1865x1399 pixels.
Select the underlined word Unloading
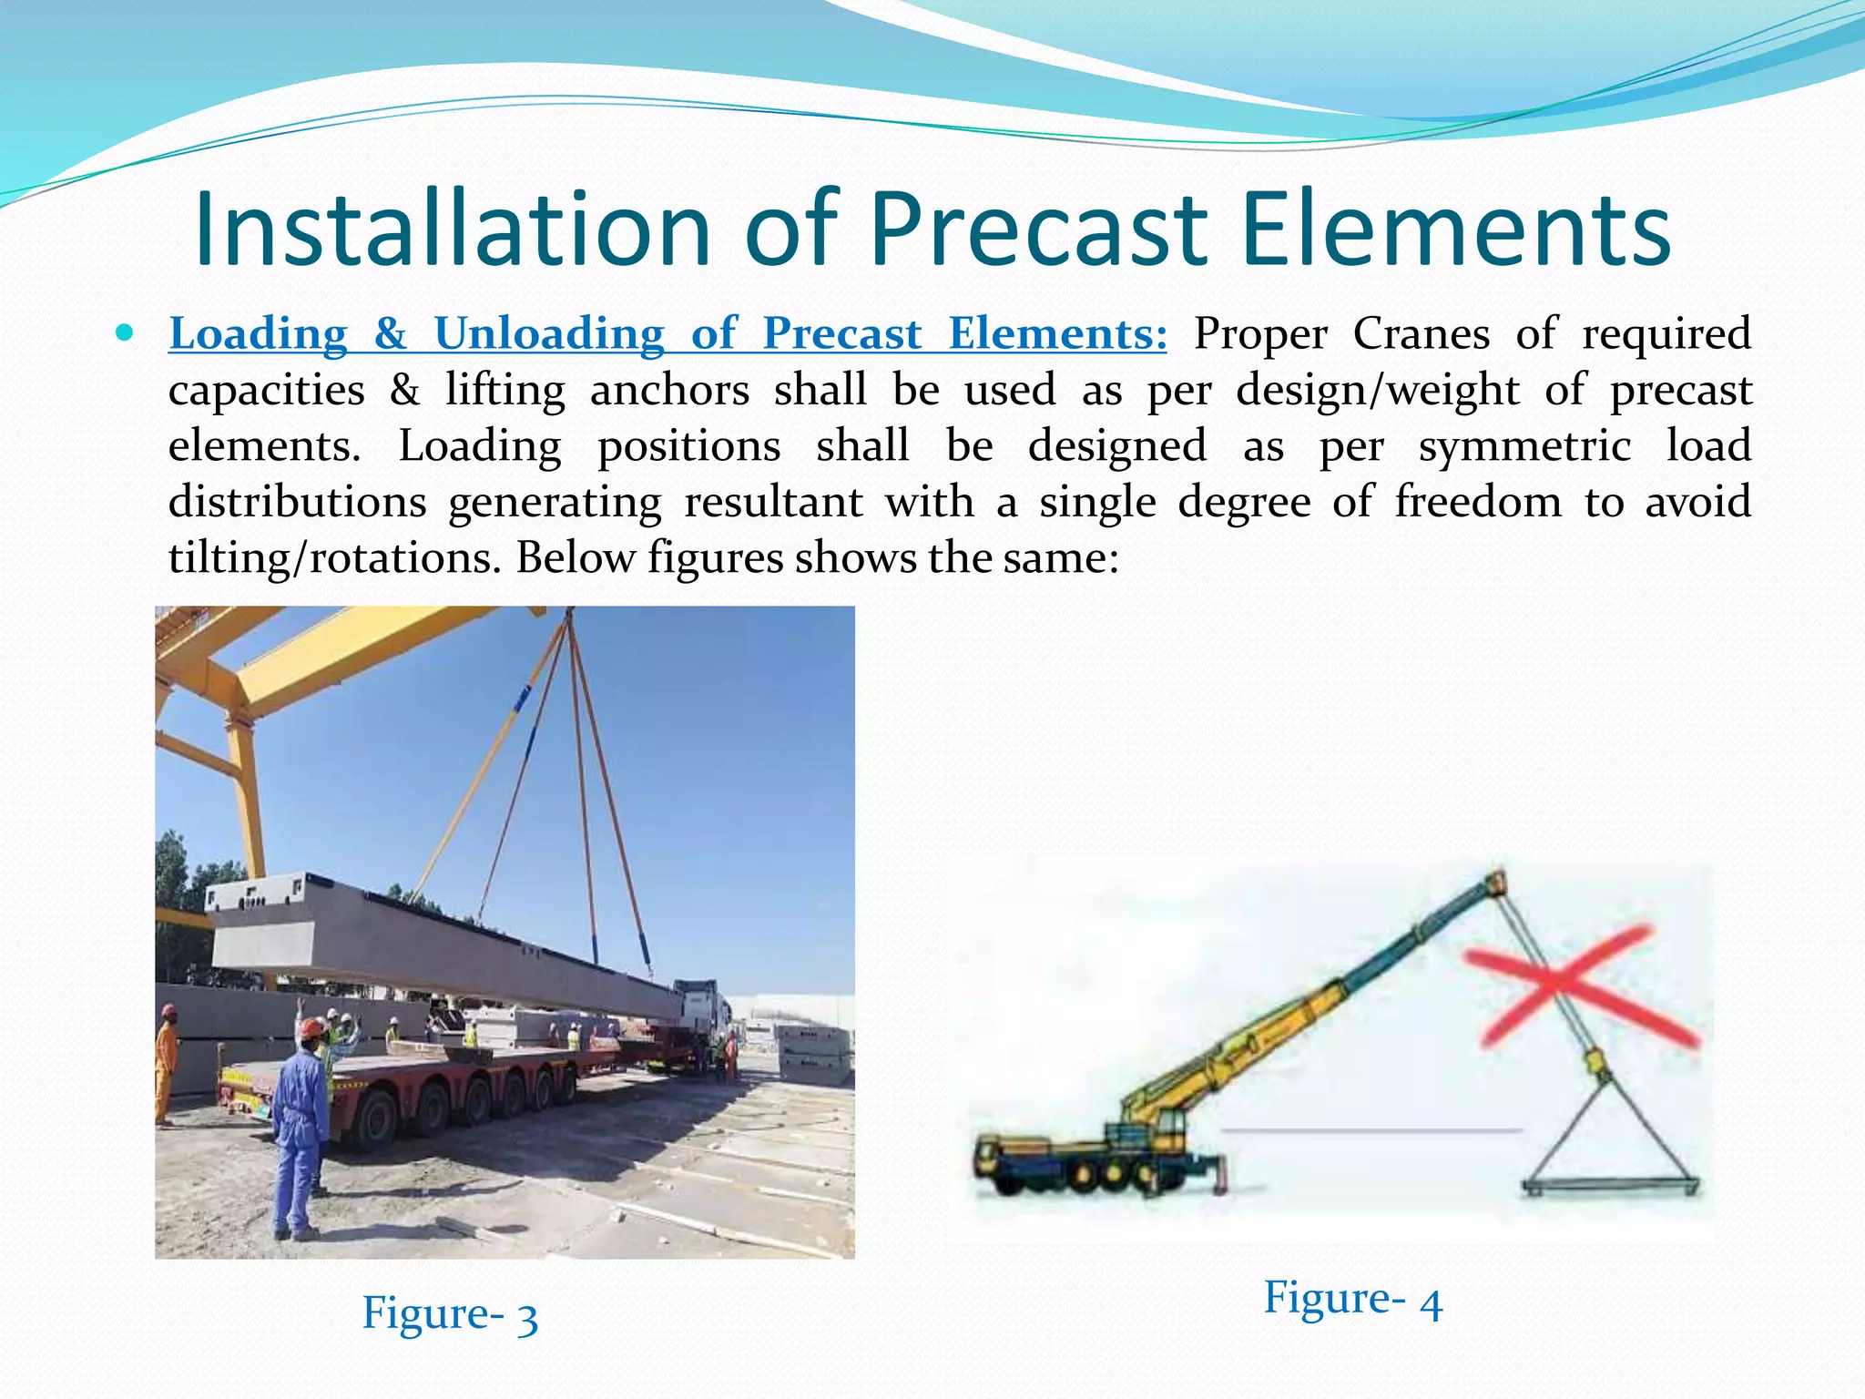549,334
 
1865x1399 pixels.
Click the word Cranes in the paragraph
1421,334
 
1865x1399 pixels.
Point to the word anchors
669,391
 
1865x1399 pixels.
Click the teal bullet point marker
125,332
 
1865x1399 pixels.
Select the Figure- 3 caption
450,1314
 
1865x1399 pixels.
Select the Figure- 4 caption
1352,1299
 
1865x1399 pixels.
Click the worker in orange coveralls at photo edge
166,1066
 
